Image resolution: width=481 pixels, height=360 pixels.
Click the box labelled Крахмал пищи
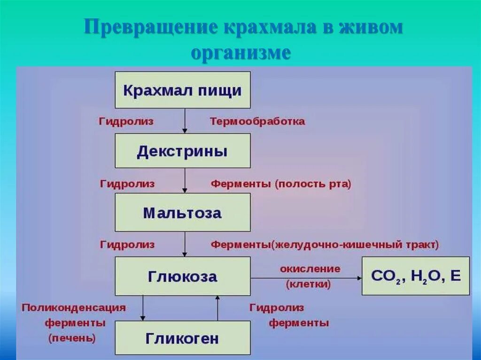[x=183, y=90]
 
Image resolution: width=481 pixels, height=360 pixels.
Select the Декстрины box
[x=183, y=151]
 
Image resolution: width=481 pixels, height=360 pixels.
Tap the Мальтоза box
[x=183, y=213]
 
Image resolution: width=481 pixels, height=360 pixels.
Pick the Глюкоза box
[x=183, y=276]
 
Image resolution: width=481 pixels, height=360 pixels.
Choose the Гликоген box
[x=183, y=338]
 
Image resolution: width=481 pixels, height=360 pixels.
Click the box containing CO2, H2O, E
[x=416, y=276]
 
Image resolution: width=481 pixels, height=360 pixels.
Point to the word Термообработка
[x=257, y=122]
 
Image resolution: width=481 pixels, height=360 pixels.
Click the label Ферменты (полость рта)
[x=281, y=184]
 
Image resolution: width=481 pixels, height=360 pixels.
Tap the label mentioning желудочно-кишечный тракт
[x=324, y=245]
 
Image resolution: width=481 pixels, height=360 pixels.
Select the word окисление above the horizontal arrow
[x=310, y=269]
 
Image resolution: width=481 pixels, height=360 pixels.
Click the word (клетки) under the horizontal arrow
[x=308, y=284]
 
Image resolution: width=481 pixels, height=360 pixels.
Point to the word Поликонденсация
[x=74, y=308]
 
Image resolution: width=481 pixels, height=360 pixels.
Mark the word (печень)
[x=72, y=338]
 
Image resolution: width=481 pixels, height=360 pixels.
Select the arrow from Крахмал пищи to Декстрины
[x=185, y=121]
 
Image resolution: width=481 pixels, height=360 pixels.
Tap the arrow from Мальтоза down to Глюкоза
[x=185, y=244]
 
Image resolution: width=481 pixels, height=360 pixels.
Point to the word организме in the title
[x=240, y=52]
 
